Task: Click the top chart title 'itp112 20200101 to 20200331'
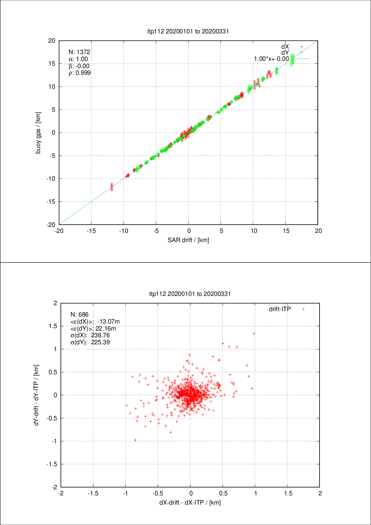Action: [188, 31]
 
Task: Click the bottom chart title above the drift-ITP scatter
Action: [190, 294]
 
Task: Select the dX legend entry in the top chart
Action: [285, 47]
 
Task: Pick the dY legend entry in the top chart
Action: [285, 52]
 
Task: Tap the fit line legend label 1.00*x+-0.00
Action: [271, 59]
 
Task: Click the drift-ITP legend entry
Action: [280, 309]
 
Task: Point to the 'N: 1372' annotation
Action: [79, 52]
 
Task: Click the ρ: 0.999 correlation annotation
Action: [80, 73]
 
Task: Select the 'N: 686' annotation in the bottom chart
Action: [79, 314]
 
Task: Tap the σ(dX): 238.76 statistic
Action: [90, 335]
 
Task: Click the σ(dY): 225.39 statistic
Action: [90, 342]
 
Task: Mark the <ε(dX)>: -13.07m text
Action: [95, 321]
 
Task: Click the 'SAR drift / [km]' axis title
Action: [188, 240]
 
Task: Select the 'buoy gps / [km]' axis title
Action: [38, 133]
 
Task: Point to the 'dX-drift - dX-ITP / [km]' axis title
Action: [190, 502]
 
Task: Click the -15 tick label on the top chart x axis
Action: [91, 231]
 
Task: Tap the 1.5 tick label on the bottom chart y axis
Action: [53, 326]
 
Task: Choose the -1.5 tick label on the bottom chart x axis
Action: [93, 493]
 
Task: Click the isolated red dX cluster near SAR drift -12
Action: [111, 187]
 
